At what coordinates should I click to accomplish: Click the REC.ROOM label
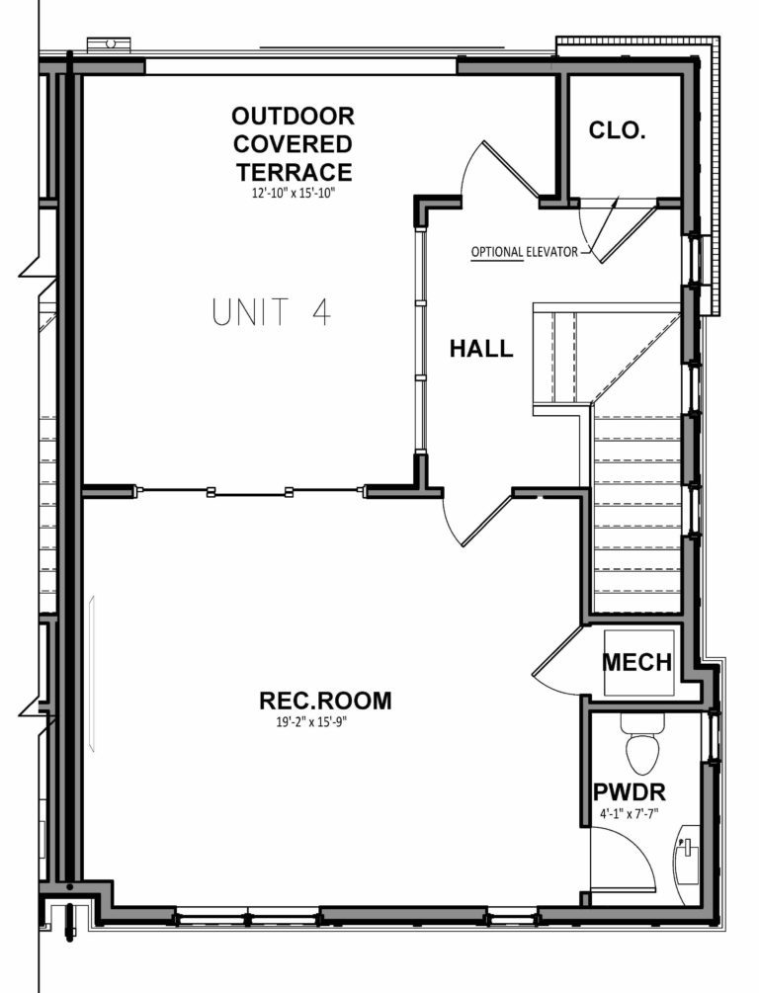(x=325, y=701)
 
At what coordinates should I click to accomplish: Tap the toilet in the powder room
(x=640, y=748)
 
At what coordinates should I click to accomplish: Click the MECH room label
(x=637, y=662)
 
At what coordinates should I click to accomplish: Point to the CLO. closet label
(x=617, y=129)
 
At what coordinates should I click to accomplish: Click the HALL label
(x=481, y=348)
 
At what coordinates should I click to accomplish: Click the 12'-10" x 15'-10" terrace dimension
(x=295, y=194)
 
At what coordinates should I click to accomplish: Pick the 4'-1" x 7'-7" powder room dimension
(x=629, y=816)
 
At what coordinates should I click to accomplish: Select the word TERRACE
(x=295, y=171)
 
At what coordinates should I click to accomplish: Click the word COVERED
(x=294, y=143)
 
